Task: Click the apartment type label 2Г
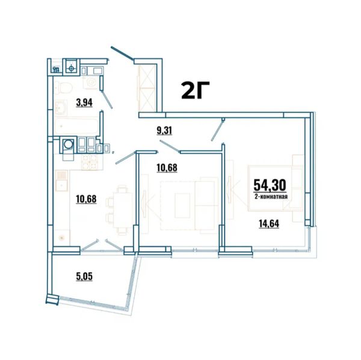(195, 90)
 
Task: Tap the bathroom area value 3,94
(84, 103)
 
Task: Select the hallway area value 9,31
(164, 131)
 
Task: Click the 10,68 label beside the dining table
(86, 199)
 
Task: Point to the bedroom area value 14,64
(269, 223)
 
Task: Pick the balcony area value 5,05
(84, 276)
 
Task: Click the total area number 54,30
(270, 185)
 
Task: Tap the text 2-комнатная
(271, 197)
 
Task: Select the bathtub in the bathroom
(76, 126)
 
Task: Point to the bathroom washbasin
(61, 107)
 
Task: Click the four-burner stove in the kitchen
(89, 162)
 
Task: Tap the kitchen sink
(61, 181)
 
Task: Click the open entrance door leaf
(122, 54)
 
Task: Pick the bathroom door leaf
(107, 100)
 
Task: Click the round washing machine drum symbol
(68, 144)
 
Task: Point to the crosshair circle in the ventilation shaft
(72, 69)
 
